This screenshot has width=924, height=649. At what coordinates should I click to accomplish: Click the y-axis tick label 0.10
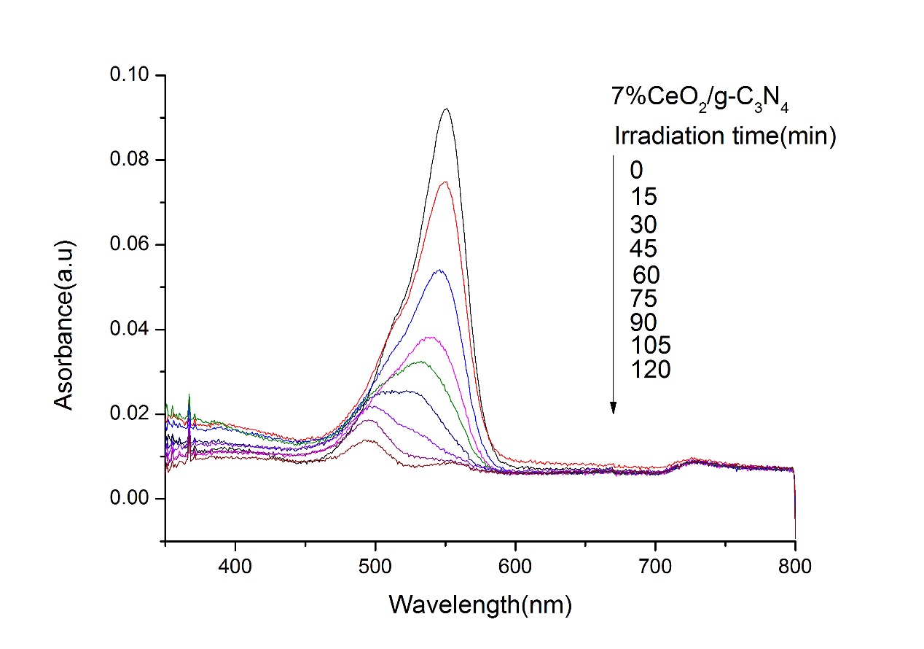click(x=130, y=75)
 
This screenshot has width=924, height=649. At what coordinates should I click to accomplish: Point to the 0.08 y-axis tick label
click(x=130, y=160)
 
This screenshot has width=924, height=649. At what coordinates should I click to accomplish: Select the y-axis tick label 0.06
click(x=130, y=244)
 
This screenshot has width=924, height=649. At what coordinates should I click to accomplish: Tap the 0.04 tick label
click(x=130, y=329)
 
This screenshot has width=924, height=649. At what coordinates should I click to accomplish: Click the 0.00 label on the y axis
click(x=130, y=498)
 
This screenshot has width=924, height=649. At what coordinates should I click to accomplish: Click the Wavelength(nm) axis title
click(x=480, y=605)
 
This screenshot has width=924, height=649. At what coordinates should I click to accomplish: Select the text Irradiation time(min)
click(x=724, y=136)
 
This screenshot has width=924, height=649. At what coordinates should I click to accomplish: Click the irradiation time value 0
click(x=636, y=171)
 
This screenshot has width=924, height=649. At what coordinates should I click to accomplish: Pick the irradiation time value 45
click(x=643, y=249)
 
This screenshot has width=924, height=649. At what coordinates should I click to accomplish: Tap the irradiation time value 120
click(x=651, y=370)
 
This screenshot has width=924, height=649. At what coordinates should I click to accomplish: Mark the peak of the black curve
click(x=446, y=109)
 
